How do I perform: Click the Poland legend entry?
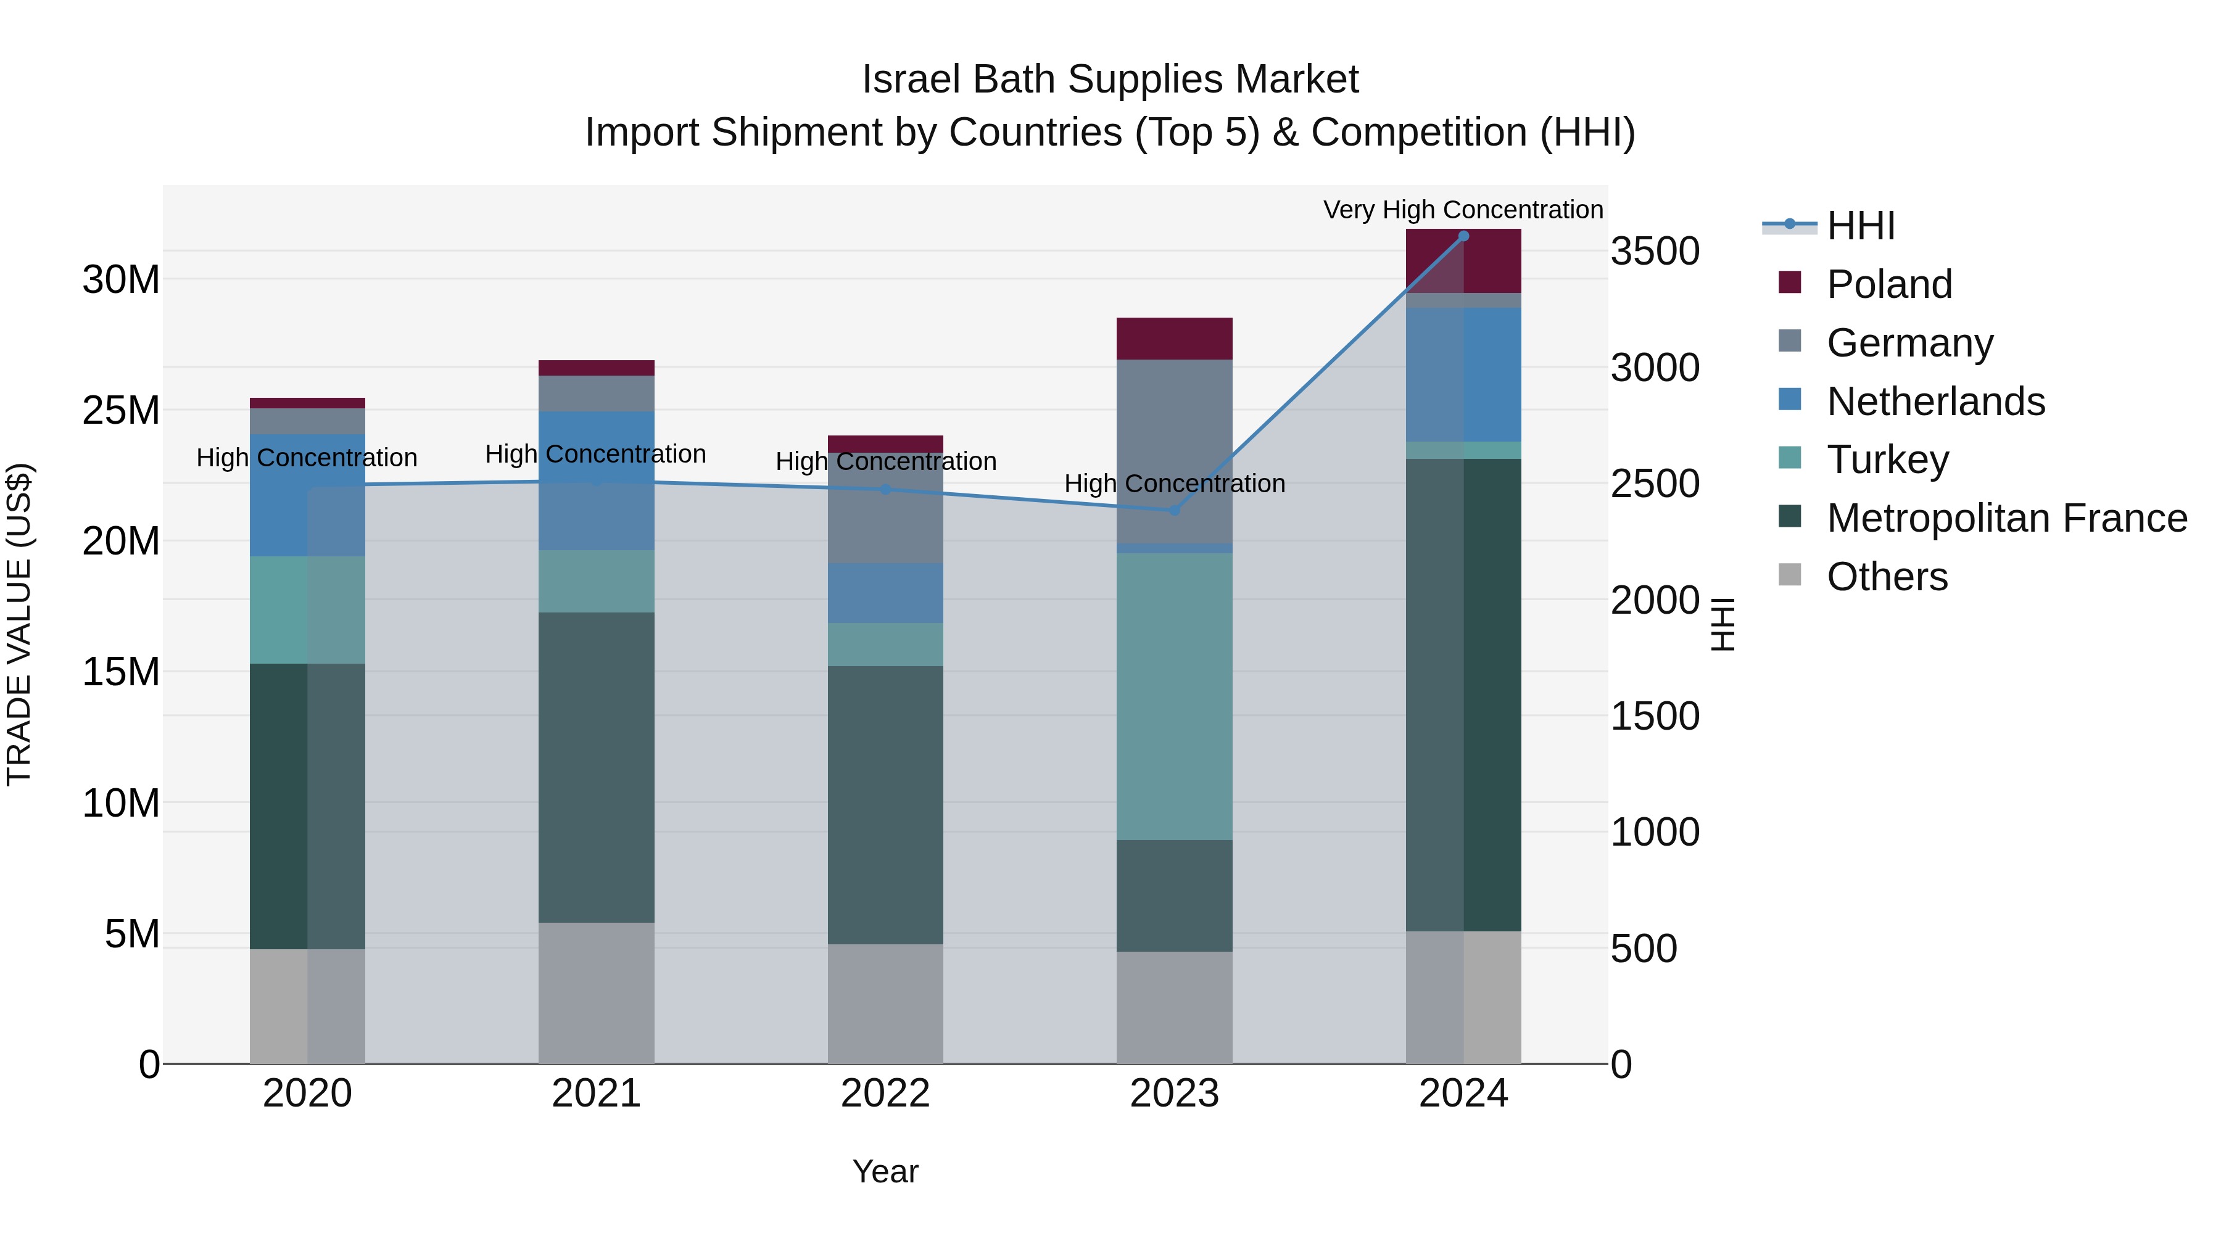point(1888,284)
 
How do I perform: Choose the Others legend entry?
point(1887,577)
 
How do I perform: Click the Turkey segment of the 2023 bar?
point(1173,696)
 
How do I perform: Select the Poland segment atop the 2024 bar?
point(1463,261)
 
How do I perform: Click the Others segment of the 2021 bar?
point(596,993)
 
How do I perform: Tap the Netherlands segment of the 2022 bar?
point(885,593)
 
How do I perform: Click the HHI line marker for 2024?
point(1463,236)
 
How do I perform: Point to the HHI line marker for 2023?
point(1173,510)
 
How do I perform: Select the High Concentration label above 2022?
point(885,461)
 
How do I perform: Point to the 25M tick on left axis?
point(121,410)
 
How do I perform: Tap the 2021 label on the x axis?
point(596,1094)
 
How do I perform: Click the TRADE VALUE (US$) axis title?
point(19,624)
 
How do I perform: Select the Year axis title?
point(885,1171)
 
